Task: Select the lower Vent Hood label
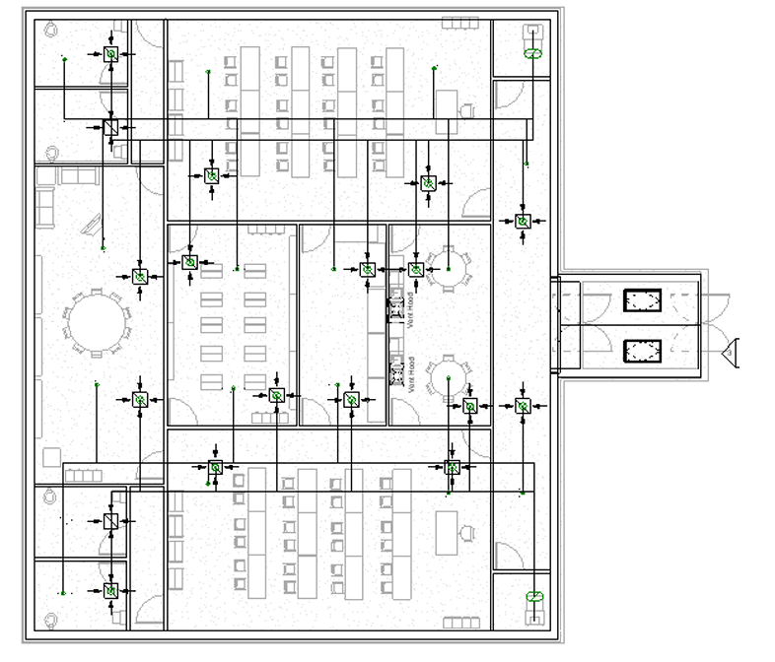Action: click(x=410, y=372)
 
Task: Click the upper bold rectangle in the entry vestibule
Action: click(x=642, y=299)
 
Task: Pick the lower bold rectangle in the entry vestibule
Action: click(x=642, y=350)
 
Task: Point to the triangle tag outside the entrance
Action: click(x=731, y=350)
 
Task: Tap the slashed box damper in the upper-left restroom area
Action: click(x=111, y=128)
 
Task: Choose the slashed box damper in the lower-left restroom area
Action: click(x=111, y=521)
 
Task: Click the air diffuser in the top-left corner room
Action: click(x=111, y=55)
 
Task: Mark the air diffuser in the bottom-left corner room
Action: click(x=111, y=591)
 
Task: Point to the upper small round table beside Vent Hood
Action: click(x=450, y=271)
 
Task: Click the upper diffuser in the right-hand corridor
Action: click(x=524, y=223)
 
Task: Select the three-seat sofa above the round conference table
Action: click(x=76, y=175)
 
